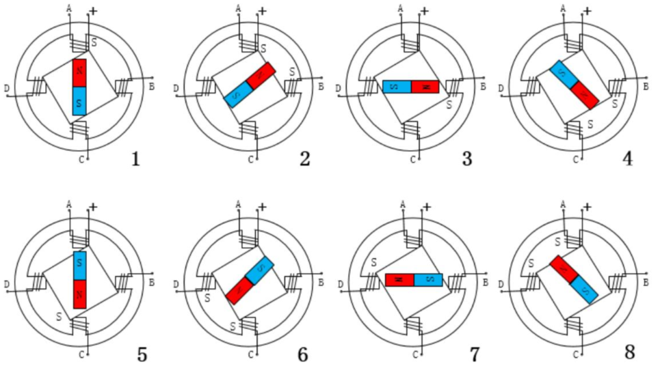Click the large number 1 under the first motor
tap(135, 159)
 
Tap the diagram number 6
tap(302, 355)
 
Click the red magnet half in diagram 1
tap(79, 73)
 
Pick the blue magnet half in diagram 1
tap(79, 101)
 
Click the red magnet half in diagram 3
tap(425, 87)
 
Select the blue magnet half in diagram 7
tap(429, 280)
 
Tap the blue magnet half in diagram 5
tap(79, 266)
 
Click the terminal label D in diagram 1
tap(6, 89)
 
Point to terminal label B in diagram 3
tap(482, 87)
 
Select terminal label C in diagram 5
tap(81, 354)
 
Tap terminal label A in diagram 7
tap(403, 203)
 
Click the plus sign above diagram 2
tap(262, 12)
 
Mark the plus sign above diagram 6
tap(262, 206)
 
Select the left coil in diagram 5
tap(36, 280)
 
